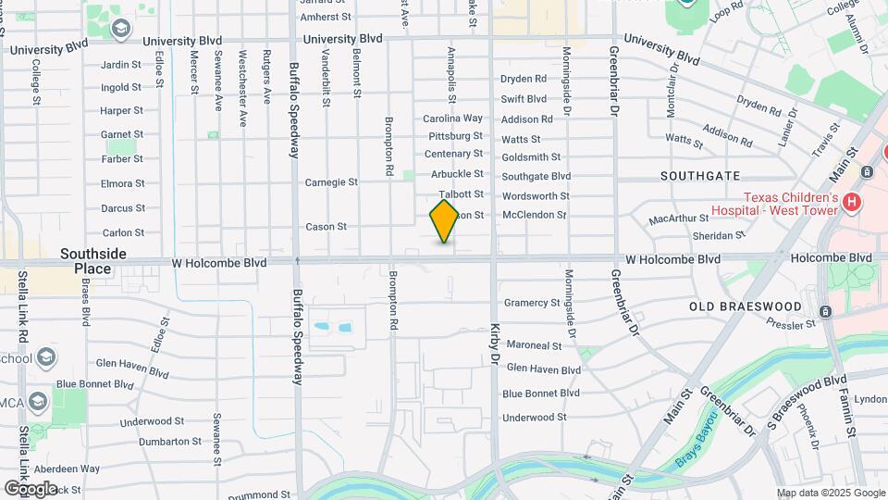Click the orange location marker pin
[445, 221]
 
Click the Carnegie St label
[331, 182]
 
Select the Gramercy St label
[532, 303]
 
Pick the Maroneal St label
[534, 345]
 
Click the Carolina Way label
[453, 119]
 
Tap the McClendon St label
[534, 215]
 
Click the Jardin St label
[121, 65]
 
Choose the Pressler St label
[791, 323]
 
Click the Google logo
[31, 488]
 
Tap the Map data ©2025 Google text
[831, 494]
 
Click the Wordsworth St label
[536, 195]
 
